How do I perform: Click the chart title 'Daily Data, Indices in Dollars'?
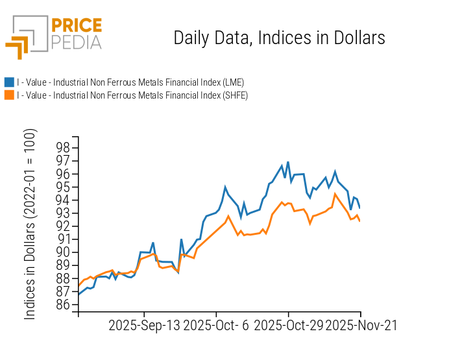click(279, 38)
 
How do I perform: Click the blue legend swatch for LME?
click(9, 82)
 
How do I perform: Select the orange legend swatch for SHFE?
click(9, 95)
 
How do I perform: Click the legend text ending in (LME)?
click(130, 82)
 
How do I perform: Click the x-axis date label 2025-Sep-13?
click(144, 325)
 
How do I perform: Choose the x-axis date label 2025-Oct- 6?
click(215, 325)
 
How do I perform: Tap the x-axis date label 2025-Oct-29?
click(287, 325)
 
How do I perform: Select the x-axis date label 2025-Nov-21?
click(360, 325)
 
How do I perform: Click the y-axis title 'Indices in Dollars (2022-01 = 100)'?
click(30, 224)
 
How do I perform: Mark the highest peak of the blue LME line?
click(287, 162)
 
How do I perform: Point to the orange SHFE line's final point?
click(360, 221)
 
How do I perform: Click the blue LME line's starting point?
click(79, 294)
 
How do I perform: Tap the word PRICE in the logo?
click(77, 25)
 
